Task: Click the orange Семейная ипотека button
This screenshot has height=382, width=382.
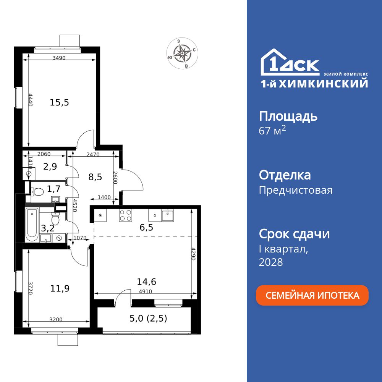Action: [x=312, y=295]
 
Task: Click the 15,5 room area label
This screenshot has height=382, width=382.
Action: [x=59, y=102]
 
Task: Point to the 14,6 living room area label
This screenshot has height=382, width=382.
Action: [x=147, y=282]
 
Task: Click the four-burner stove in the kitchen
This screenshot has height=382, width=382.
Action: [x=126, y=216]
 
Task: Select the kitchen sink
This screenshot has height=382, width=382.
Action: [x=168, y=215]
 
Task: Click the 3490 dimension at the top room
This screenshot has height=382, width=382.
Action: [x=59, y=58]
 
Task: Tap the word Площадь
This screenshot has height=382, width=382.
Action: [x=288, y=116]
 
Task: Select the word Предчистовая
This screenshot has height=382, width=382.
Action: [x=296, y=190]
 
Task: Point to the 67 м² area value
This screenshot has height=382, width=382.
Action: [x=272, y=131]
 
